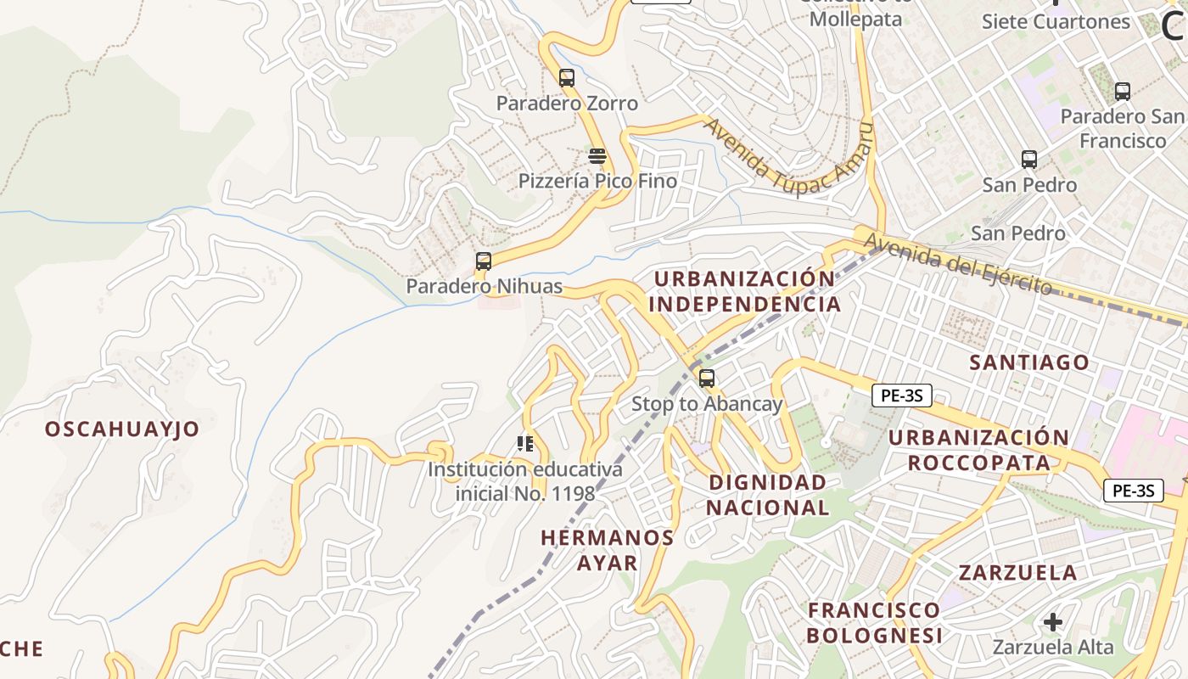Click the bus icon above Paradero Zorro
pos(567,78)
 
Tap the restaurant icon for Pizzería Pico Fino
pos(597,156)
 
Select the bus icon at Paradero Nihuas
pos(484,261)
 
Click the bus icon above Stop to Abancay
pos(706,379)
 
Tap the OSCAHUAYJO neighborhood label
pos(122,429)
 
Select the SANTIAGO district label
pos(1029,362)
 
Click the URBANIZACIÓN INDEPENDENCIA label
pos(745,291)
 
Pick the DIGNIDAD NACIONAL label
pos(767,495)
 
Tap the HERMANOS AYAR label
pos(608,550)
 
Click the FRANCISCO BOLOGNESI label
pos(874,622)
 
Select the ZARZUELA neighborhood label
pos(1017,572)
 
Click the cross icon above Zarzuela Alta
pos(1052,622)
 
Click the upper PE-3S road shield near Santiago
pos(901,395)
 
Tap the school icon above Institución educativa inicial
pos(525,443)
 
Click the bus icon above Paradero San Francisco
pos(1123,92)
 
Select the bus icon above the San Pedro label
pos(1029,159)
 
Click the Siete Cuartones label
pos(1056,21)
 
